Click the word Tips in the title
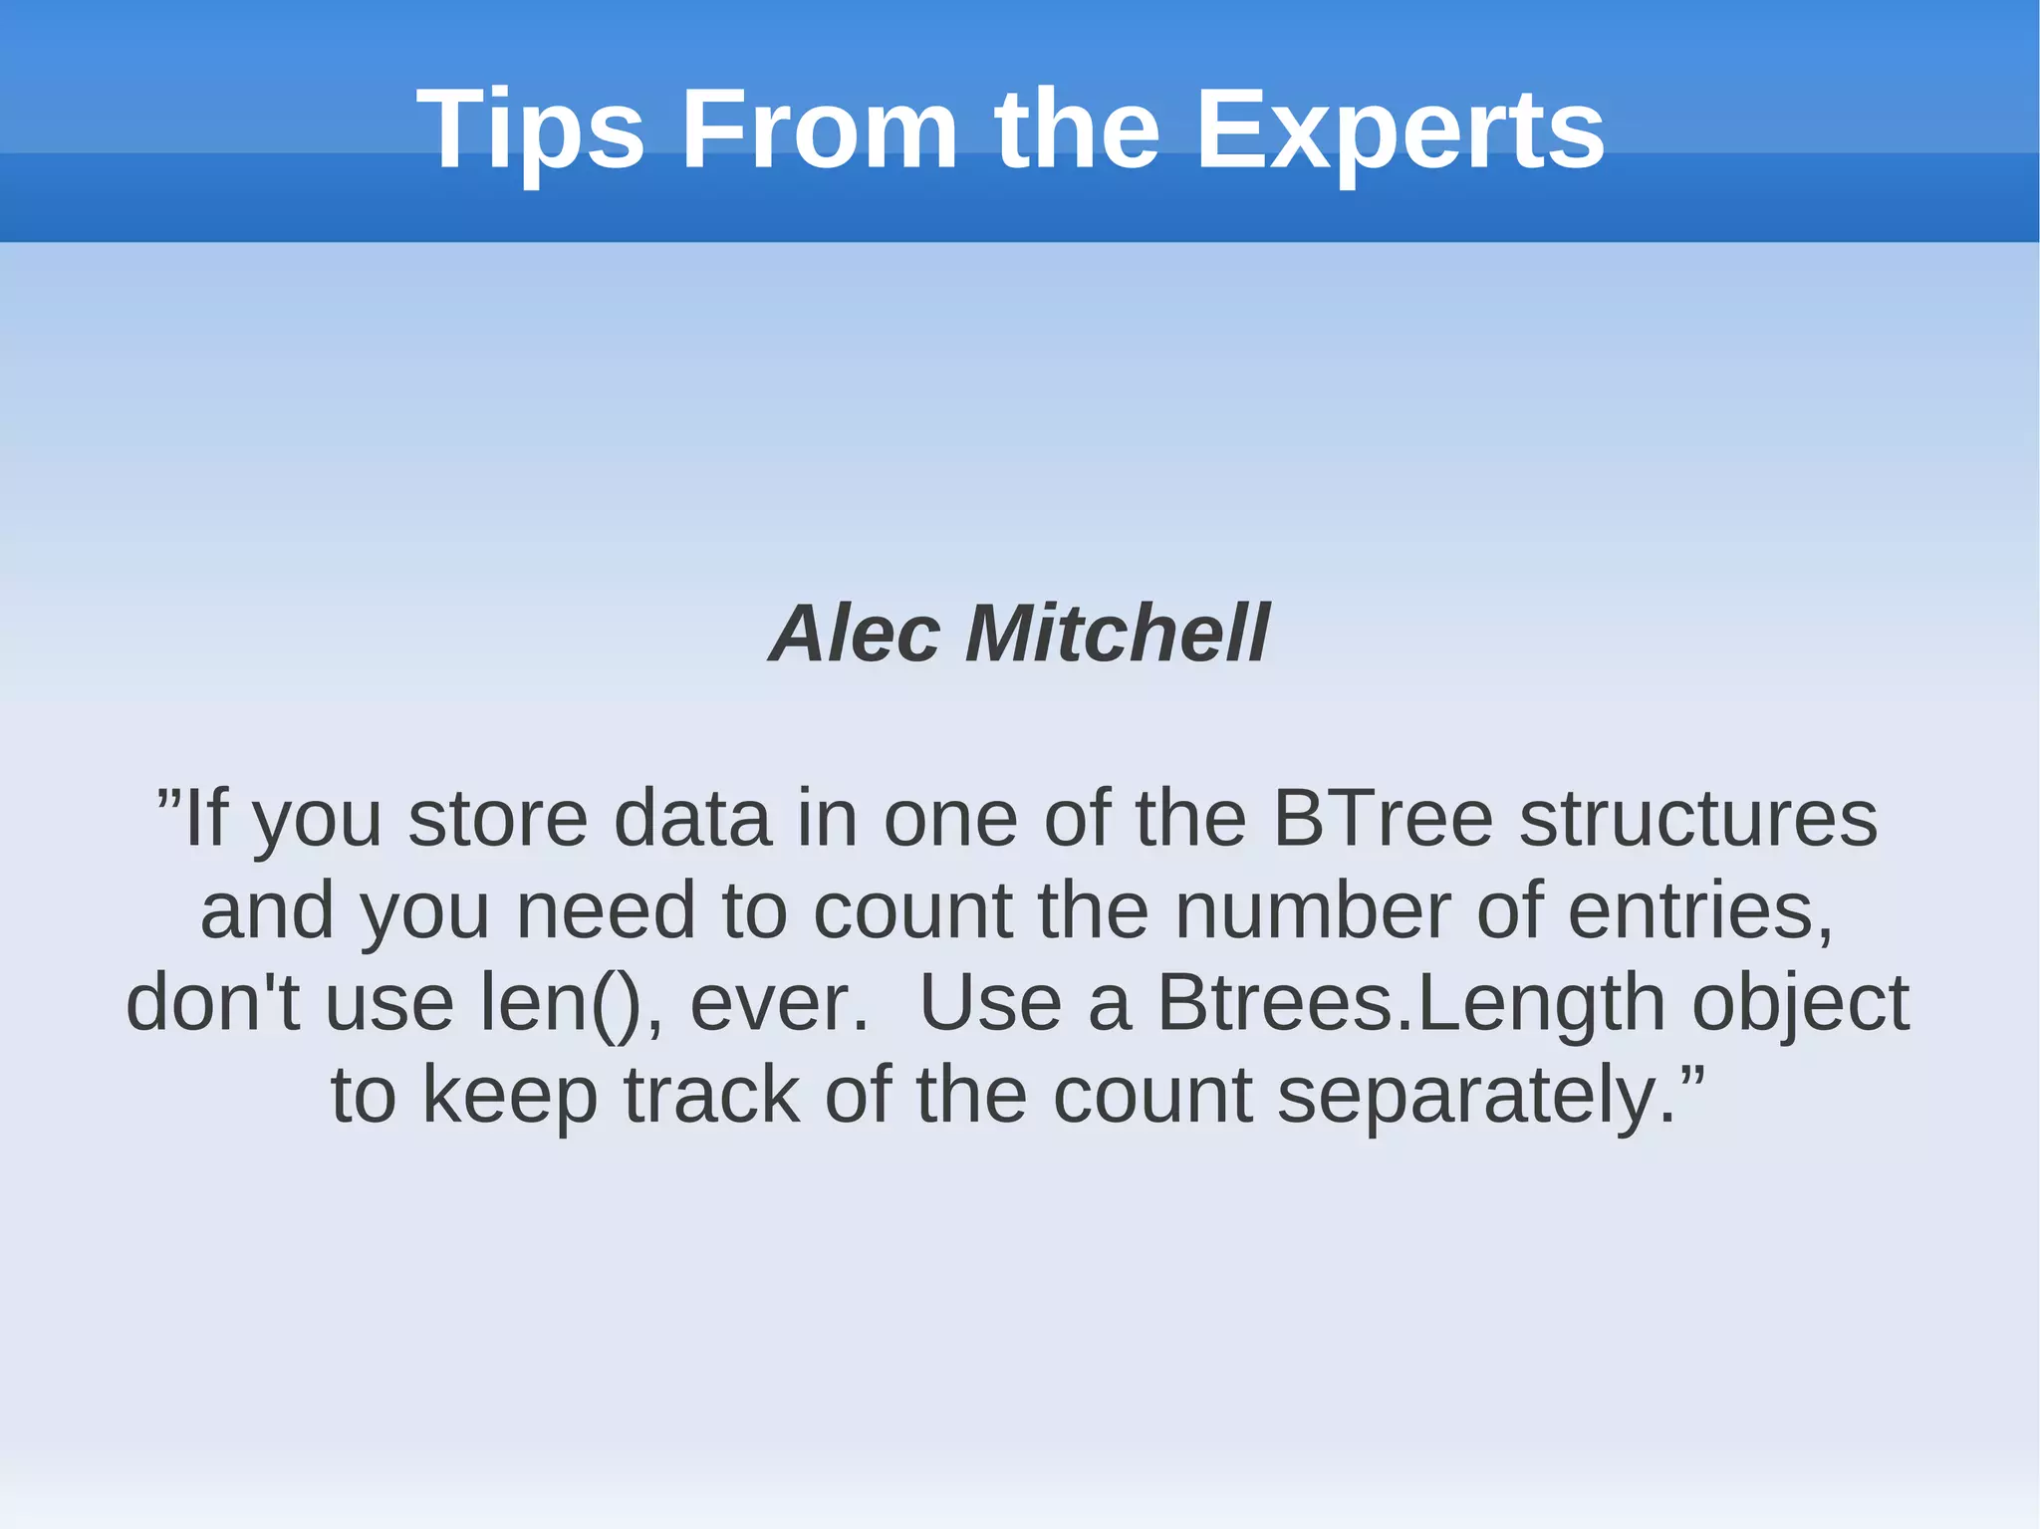point(530,129)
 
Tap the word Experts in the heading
point(1400,129)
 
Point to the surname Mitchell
point(1118,634)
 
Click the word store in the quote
point(498,819)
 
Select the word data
point(692,819)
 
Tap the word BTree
point(1383,819)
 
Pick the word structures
point(1697,819)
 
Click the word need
point(606,910)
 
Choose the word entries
point(1698,910)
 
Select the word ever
point(778,1002)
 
